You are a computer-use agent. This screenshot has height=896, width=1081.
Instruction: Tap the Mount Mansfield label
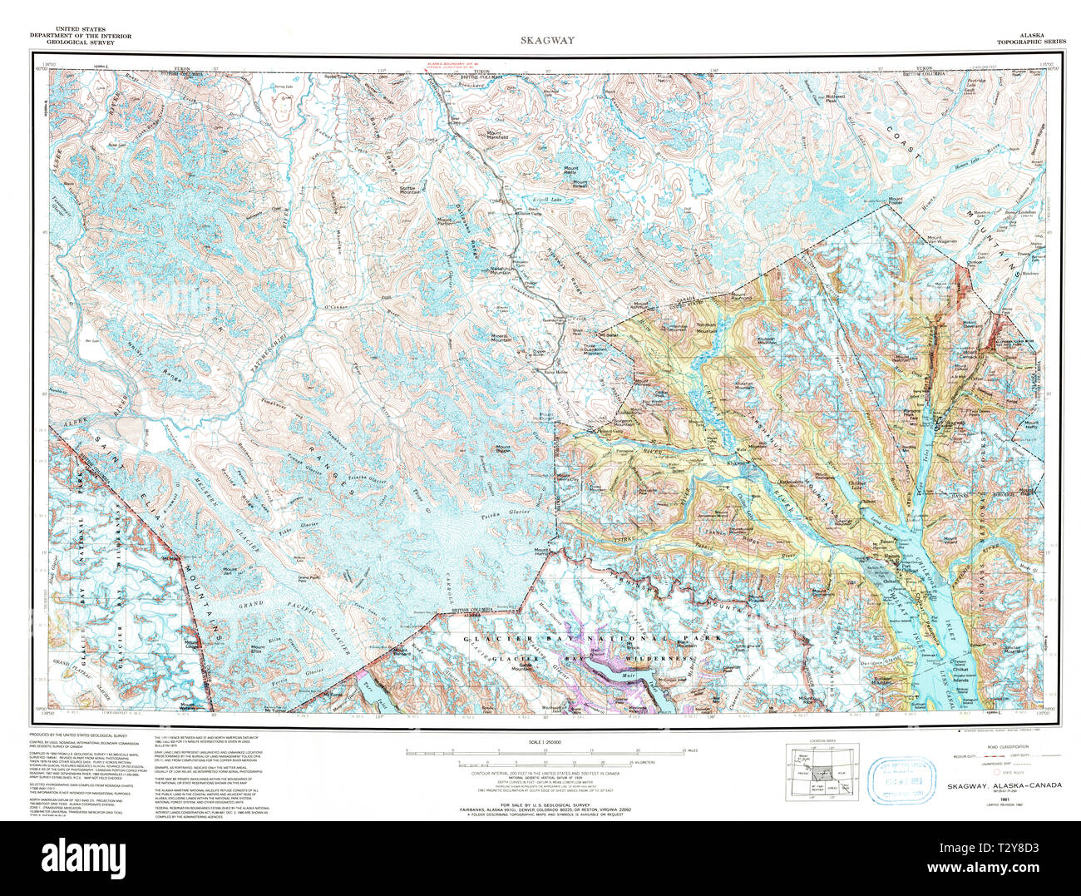tap(503, 133)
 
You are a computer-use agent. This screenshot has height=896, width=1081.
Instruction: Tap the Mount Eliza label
tap(259, 651)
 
